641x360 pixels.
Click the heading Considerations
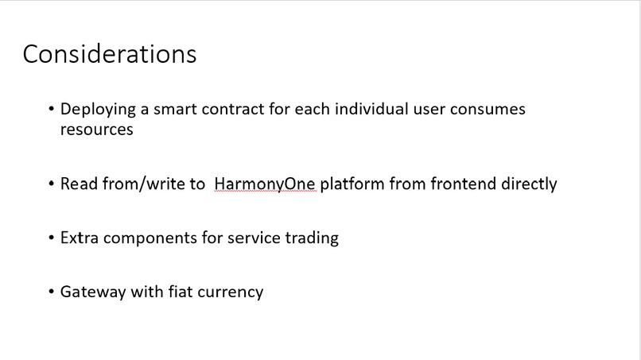point(110,53)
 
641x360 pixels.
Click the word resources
point(96,130)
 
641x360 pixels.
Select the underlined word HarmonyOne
point(265,184)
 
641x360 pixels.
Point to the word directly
point(529,184)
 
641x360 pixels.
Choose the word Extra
point(79,238)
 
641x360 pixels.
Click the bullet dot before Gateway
point(52,292)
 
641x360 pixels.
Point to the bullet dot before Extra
point(52,238)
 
